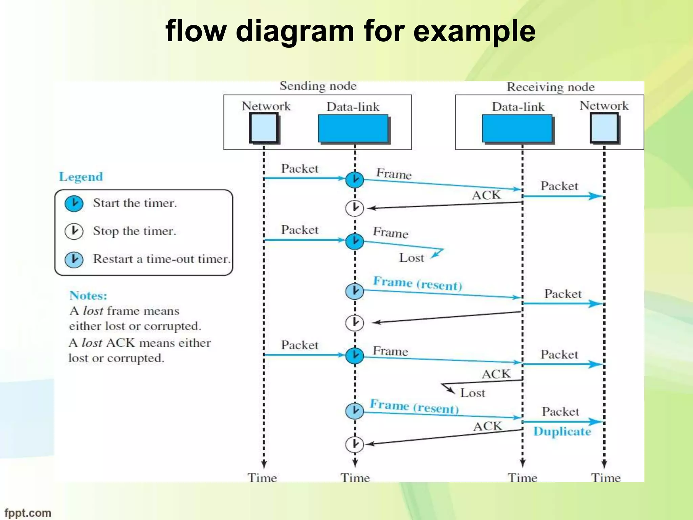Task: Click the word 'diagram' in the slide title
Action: point(295,31)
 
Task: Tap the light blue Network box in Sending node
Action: point(264,128)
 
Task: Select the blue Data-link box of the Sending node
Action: point(353,128)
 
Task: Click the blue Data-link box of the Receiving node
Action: point(517,128)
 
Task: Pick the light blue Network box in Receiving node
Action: point(604,128)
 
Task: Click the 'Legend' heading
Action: point(81,177)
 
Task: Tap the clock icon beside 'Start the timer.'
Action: point(74,203)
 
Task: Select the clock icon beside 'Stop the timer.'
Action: point(74,231)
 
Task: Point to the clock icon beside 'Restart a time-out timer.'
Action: point(74,259)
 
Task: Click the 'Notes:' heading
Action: point(88,296)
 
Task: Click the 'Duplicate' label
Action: point(562,432)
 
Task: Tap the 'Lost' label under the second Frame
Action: point(411,258)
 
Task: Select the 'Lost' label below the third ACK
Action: point(472,393)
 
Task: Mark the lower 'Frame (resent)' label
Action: point(414,407)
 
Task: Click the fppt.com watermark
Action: point(28,513)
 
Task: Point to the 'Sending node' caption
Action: point(318,86)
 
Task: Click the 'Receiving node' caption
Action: point(551,87)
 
